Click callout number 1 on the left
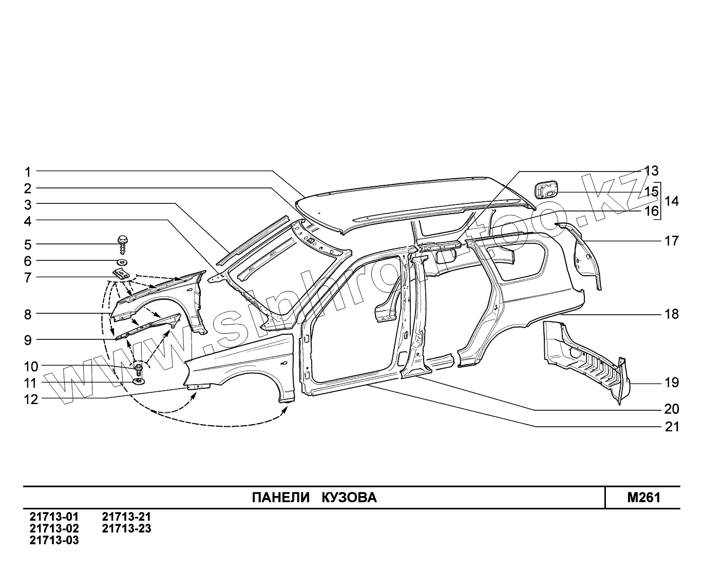coord(28,172)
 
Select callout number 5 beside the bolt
coord(28,244)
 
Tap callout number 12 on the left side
coord(31,399)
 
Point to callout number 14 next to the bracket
coord(671,202)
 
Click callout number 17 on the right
coord(671,240)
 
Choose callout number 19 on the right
coord(671,383)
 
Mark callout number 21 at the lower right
coord(671,427)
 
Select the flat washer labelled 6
coord(122,262)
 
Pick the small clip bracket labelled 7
coord(121,274)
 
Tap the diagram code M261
coord(643,498)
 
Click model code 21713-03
coord(54,540)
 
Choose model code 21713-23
coord(126,528)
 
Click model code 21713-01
coord(54,517)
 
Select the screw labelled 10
coord(139,368)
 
